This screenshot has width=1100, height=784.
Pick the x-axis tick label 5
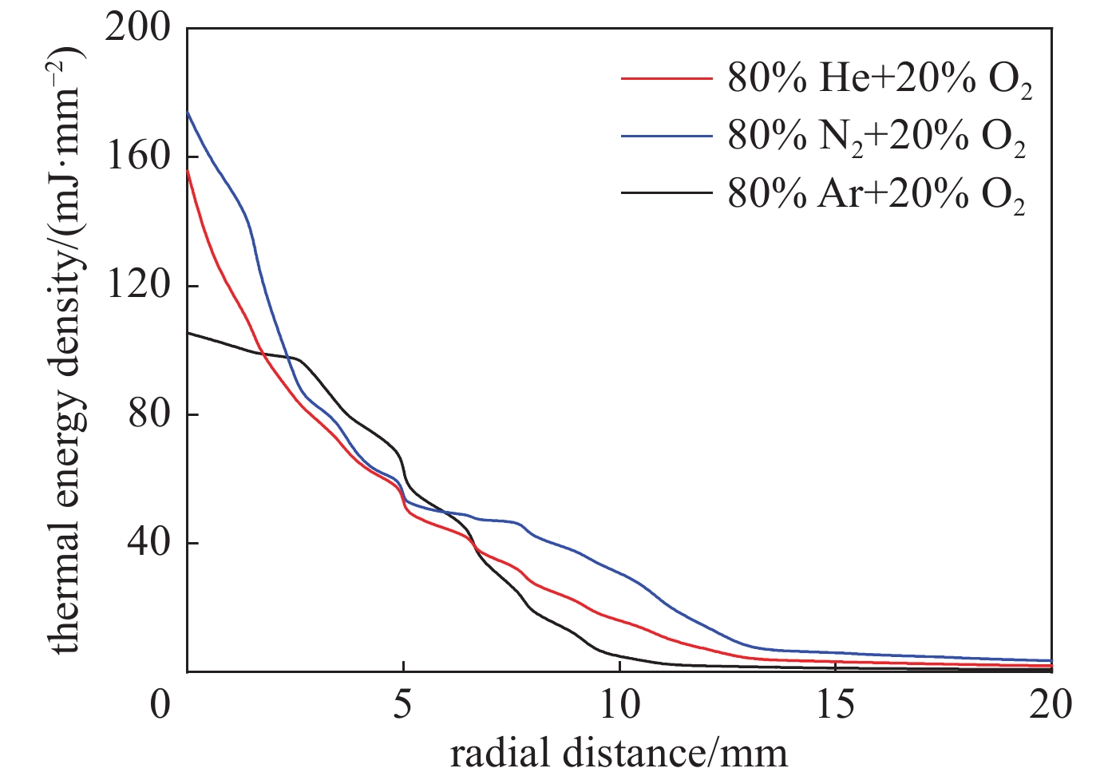tap(403, 707)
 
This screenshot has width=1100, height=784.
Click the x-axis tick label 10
tap(619, 707)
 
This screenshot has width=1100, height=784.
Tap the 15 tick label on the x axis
tap(835, 707)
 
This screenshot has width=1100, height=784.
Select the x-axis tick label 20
tap(1051, 707)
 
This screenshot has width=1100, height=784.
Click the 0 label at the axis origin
tap(162, 707)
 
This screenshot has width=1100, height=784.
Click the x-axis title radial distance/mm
tap(619, 752)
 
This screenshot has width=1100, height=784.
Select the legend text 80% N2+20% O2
tap(876, 138)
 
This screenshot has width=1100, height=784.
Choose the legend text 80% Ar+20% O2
tap(876, 194)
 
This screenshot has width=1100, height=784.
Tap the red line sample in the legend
tap(666, 79)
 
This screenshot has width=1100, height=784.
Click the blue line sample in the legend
tap(666, 136)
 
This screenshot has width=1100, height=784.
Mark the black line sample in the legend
tap(666, 192)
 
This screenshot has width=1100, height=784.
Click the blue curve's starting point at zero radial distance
tap(188, 113)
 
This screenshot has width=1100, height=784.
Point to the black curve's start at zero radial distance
tap(188, 333)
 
